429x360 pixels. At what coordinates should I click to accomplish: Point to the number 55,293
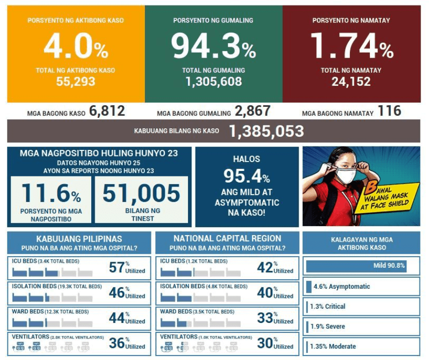(x=76, y=81)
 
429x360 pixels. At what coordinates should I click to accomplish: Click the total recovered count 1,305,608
(x=213, y=81)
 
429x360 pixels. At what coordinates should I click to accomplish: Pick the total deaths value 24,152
(x=351, y=81)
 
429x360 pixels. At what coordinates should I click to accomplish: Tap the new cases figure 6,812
(x=107, y=111)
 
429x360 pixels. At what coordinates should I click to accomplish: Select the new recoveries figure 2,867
(x=253, y=111)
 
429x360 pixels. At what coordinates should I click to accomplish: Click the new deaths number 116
(x=389, y=111)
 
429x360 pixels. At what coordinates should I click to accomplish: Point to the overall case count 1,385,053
(x=266, y=131)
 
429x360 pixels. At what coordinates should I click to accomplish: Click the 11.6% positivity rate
(x=52, y=194)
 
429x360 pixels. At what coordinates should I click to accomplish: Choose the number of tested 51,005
(x=142, y=194)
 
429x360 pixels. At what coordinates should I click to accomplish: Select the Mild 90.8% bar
(x=356, y=266)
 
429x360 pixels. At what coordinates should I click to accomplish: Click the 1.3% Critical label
(x=328, y=306)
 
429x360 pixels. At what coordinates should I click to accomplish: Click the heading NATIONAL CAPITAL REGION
(x=227, y=239)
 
